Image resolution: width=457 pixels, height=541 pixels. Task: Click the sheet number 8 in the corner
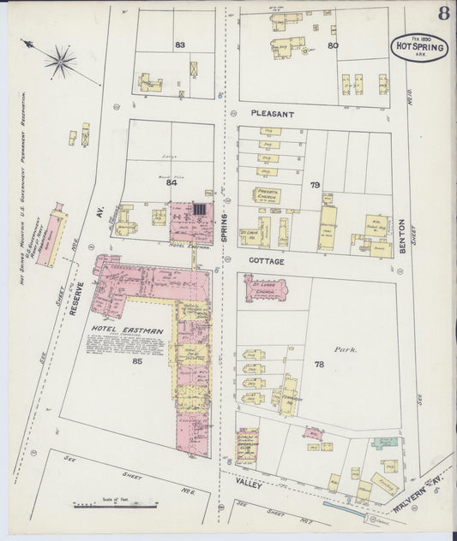[x=444, y=13]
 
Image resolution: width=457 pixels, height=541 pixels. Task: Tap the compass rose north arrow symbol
[x=58, y=59]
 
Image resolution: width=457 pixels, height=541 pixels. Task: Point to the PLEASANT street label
[x=274, y=113]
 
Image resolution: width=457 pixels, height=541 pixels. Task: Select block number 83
[x=180, y=44]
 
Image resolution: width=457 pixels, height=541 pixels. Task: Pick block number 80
[x=333, y=45]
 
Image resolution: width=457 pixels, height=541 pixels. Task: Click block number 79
[x=316, y=185]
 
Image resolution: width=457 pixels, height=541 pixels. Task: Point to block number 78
[x=319, y=365]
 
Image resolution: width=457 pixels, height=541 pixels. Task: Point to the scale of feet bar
[x=116, y=505]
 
